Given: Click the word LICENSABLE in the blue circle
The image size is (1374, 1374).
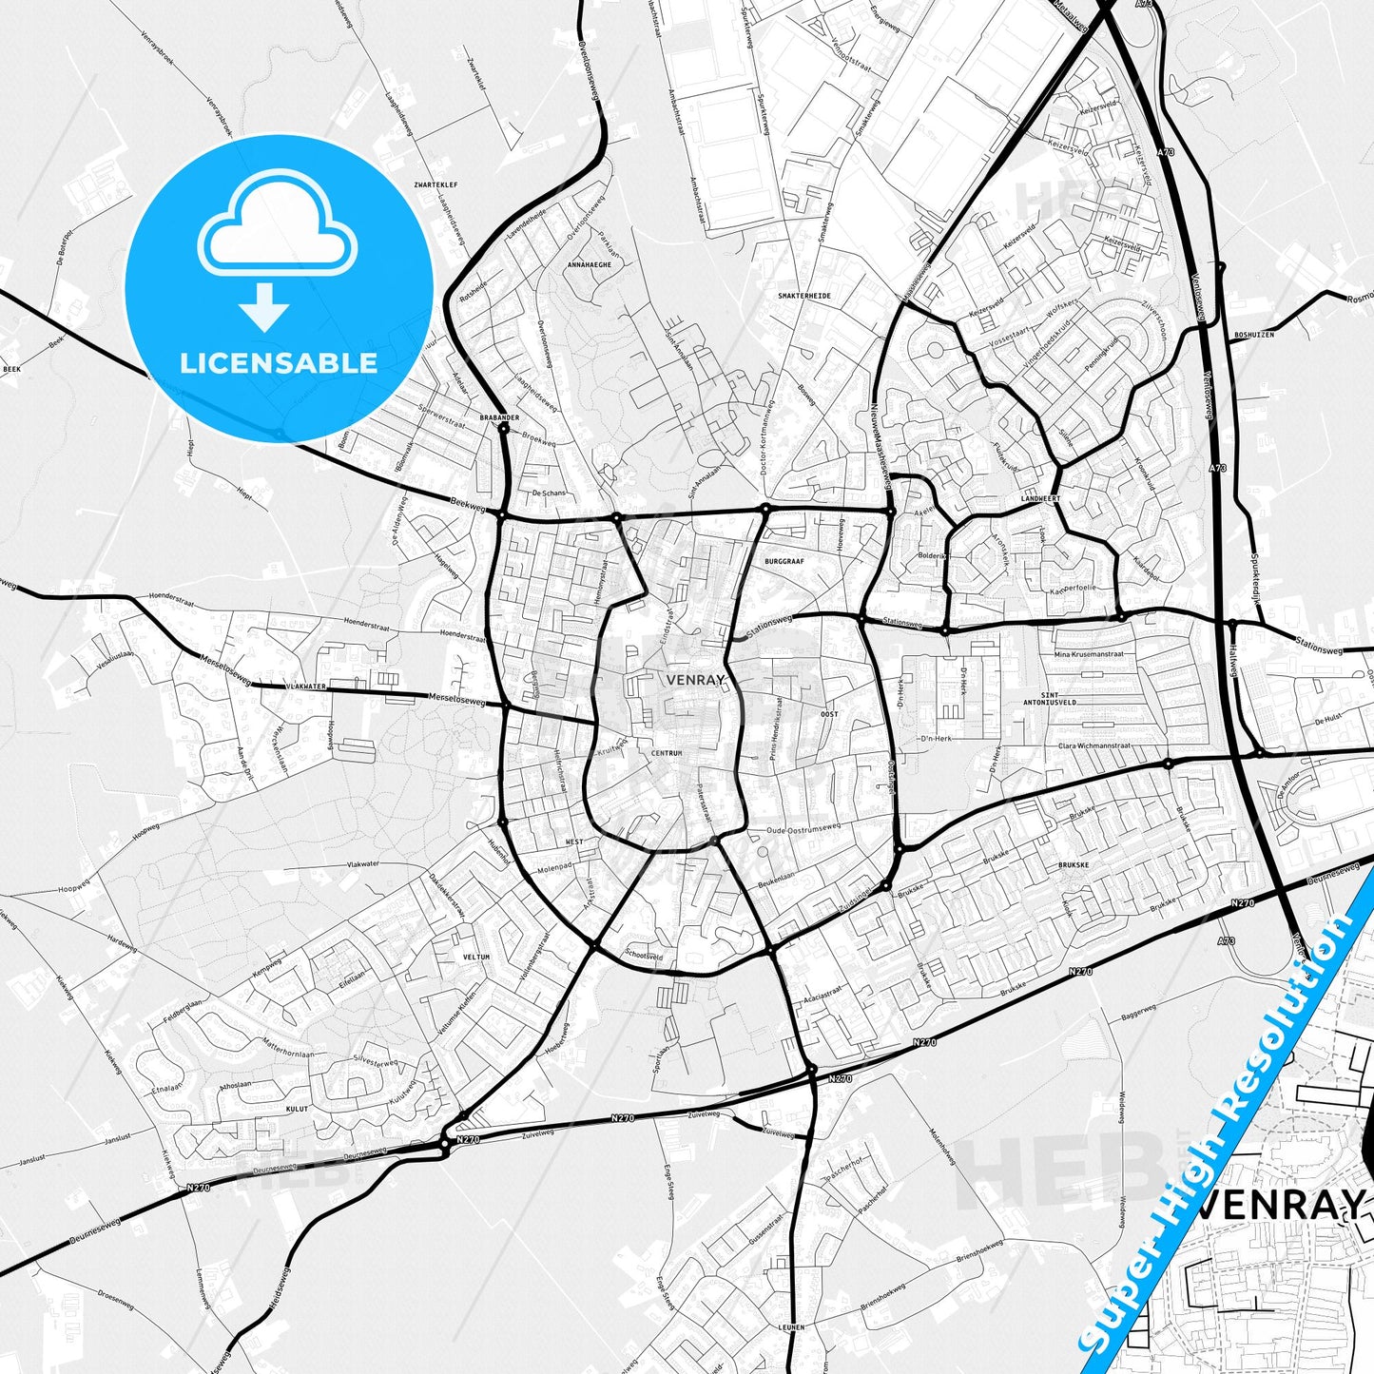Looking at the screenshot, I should tap(279, 362).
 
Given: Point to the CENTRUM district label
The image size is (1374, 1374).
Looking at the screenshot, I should tap(667, 753).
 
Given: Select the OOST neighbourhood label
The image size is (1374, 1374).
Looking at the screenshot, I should tap(829, 714).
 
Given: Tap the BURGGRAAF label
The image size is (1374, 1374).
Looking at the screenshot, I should tap(784, 561).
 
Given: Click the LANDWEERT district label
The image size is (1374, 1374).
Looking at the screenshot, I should tap(1040, 498).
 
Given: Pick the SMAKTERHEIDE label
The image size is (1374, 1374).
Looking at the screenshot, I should tap(804, 296).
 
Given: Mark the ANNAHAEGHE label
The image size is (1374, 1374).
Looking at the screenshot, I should tap(590, 264).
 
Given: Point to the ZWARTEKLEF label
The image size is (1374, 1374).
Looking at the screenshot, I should tap(413, 187).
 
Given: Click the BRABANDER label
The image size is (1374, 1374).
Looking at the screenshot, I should tap(499, 416).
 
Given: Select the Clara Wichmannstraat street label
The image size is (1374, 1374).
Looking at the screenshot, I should tap(1094, 746).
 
